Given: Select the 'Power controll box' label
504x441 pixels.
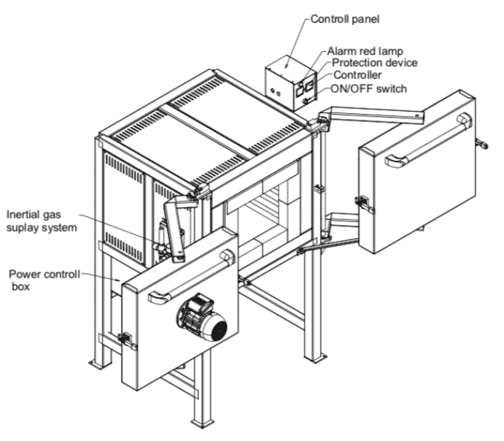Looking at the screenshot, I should pos(43,280).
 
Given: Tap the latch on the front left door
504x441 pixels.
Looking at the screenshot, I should pos(125,338).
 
